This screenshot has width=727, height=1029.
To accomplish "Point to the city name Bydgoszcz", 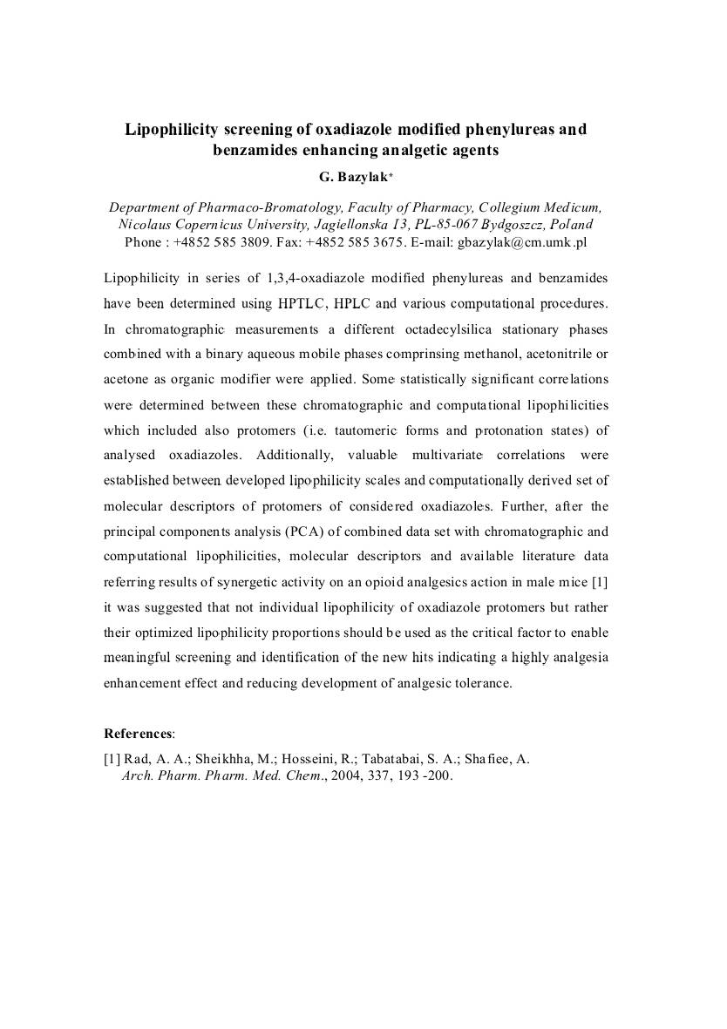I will (x=501, y=224).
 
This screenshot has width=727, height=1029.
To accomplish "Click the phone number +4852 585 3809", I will (x=225, y=241).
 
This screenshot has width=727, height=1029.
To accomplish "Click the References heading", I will (x=139, y=734).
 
